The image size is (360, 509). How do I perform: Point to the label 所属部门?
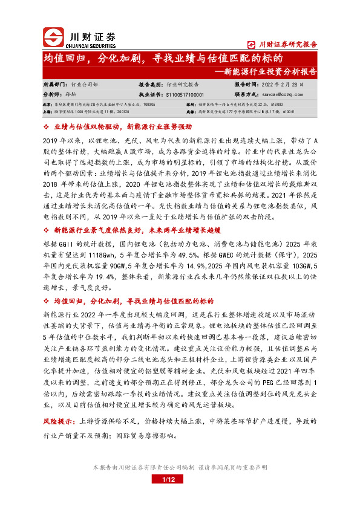click(54, 85)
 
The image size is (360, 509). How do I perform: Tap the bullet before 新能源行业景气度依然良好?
click(48, 213)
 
